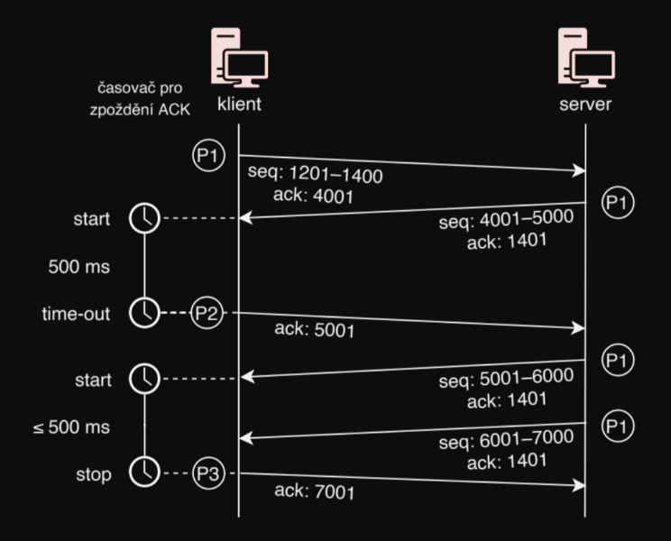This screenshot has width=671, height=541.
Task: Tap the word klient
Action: (239, 104)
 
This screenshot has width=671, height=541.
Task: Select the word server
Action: (585, 104)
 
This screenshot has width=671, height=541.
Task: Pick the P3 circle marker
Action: (207, 472)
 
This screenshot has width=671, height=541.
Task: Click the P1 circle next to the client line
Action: (207, 155)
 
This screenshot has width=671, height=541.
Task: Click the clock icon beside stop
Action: (144, 472)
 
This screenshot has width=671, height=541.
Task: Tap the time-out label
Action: (78, 313)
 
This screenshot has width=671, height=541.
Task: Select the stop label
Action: (93, 473)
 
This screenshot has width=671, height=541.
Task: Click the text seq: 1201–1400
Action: (315, 175)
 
